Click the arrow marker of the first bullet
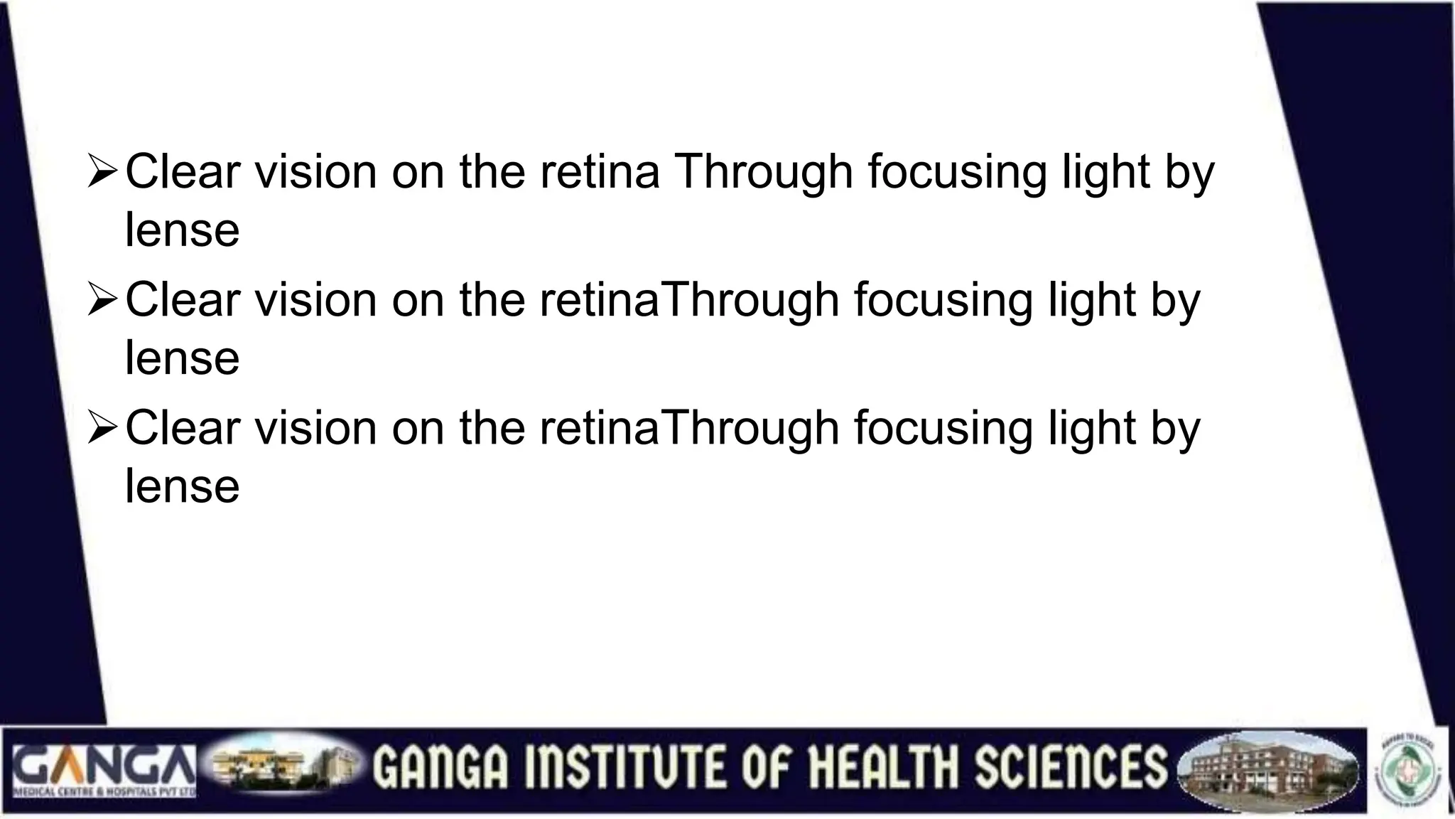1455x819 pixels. click(x=102, y=173)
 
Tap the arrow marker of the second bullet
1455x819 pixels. click(x=102, y=301)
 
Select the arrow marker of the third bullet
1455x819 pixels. click(x=102, y=429)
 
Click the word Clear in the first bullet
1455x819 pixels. click(x=183, y=172)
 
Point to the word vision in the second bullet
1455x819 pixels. click(x=316, y=300)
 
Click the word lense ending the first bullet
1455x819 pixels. click(x=183, y=230)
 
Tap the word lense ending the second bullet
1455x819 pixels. click(x=183, y=358)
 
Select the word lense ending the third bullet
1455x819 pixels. click(x=183, y=486)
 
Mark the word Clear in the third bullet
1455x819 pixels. click(x=183, y=428)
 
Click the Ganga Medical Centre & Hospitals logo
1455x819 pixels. click(x=104, y=770)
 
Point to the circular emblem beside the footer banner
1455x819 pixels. click(x=1410, y=769)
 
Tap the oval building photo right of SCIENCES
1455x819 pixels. click(x=1267, y=772)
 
